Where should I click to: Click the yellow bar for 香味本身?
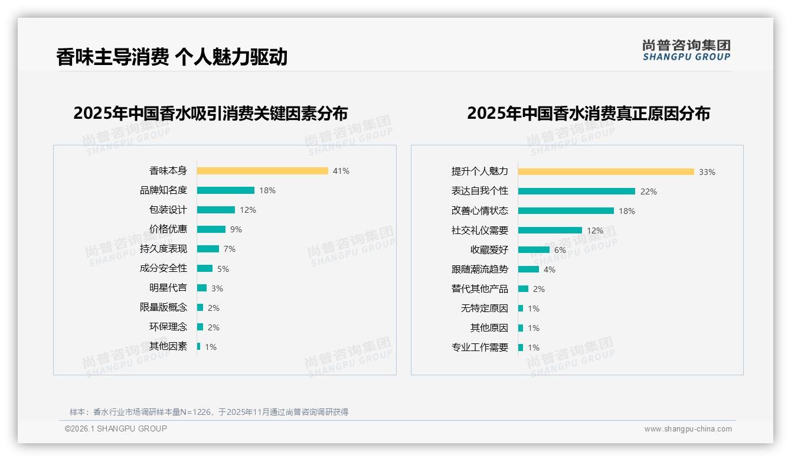click(x=262, y=171)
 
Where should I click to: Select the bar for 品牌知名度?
click(x=225, y=190)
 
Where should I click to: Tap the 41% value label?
click(x=341, y=171)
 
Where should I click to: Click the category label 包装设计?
click(x=168, y=210)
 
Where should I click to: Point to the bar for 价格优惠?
click(x=211, y=229)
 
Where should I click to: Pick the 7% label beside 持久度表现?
click(x=229, y=249)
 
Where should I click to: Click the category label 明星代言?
click(x=168, y=288)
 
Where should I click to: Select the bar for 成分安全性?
click(x=205, y=268)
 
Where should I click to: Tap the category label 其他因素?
click(x=168, y=346)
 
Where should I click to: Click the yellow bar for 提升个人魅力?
click(x=606, y=172)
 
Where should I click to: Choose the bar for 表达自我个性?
click(x=577, y=191)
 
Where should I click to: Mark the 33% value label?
click(x=707, y=172)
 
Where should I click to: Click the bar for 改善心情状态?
click(x=566, y=211)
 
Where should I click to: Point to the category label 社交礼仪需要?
click(x=479, y=230)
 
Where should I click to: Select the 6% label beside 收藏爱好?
click(x=560, y=250)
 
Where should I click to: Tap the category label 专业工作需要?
click(x=479, y=348)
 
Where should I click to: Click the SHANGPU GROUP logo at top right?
click(x=686, y=50)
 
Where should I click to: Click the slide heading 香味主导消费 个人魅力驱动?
click(x=172, y=57)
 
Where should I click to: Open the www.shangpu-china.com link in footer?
click(x=688, y=429)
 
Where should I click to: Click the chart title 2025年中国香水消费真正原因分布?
click(x=588, y=113)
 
